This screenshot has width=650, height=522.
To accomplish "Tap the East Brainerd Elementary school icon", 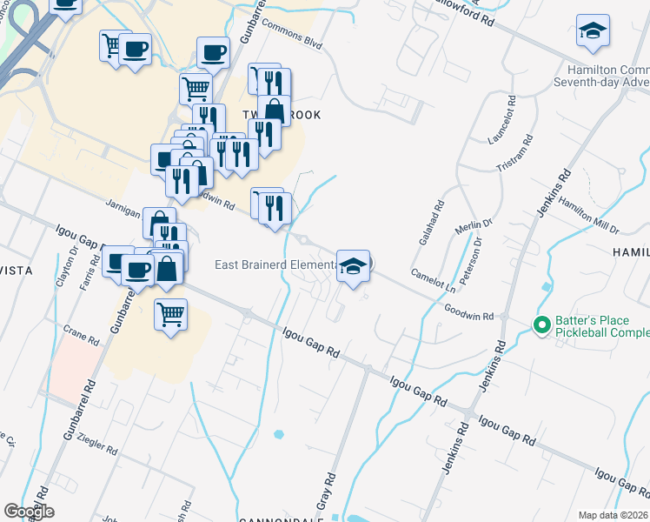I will (x=353, y=266).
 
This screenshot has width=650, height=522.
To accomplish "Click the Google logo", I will (x=29, y=512).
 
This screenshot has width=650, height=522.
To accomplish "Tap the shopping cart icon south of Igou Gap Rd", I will (x=171, y=313).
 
